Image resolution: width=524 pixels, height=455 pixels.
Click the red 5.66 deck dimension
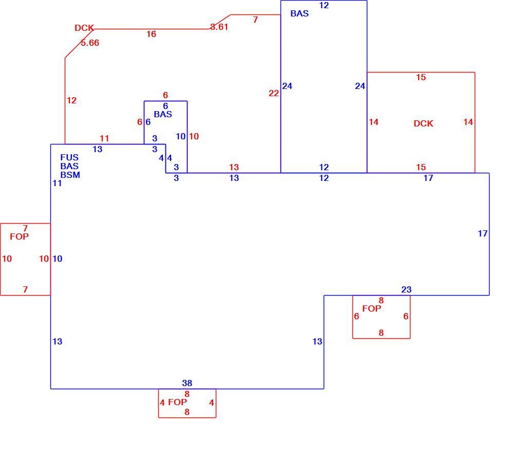(90, 43)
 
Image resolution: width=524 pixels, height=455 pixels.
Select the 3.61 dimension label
(219, 27)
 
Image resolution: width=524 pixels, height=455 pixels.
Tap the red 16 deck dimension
(151, 34)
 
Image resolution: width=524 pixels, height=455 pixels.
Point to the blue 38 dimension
(187, 383)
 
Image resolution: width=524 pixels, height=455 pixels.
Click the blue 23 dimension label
(406, 290)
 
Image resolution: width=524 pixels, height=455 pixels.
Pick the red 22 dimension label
(274, 94)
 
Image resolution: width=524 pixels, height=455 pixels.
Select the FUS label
(69, 157)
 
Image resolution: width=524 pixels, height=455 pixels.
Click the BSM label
(70, 175)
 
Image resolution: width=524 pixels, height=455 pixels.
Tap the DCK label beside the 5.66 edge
(84, 28)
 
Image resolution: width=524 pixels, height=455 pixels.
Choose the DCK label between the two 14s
(423, 124)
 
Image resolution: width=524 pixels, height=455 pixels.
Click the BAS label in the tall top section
(300, 14)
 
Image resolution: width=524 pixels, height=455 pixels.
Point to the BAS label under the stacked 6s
(163, 115)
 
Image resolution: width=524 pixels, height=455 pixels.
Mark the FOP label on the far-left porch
(20, 237)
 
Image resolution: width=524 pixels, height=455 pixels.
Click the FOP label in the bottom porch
(177, 402)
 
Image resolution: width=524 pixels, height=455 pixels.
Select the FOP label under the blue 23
(371, 308)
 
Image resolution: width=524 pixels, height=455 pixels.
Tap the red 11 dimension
(104, 138)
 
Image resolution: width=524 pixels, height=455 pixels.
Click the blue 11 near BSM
(57, 184)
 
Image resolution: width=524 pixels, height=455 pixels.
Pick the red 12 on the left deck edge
(71, 100)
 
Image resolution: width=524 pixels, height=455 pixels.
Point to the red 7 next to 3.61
(255, 20)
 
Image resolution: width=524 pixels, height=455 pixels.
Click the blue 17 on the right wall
(482, 233)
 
